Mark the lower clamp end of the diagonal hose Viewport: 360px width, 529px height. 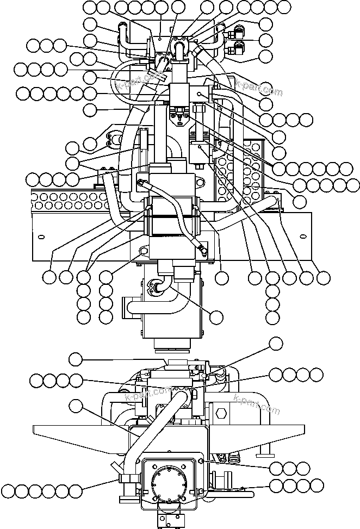coord(201,250)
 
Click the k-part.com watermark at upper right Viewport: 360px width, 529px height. coord(259,88)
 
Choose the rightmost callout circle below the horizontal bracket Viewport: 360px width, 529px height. coord(324,278)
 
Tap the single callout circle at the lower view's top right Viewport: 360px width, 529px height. coord(277,343)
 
